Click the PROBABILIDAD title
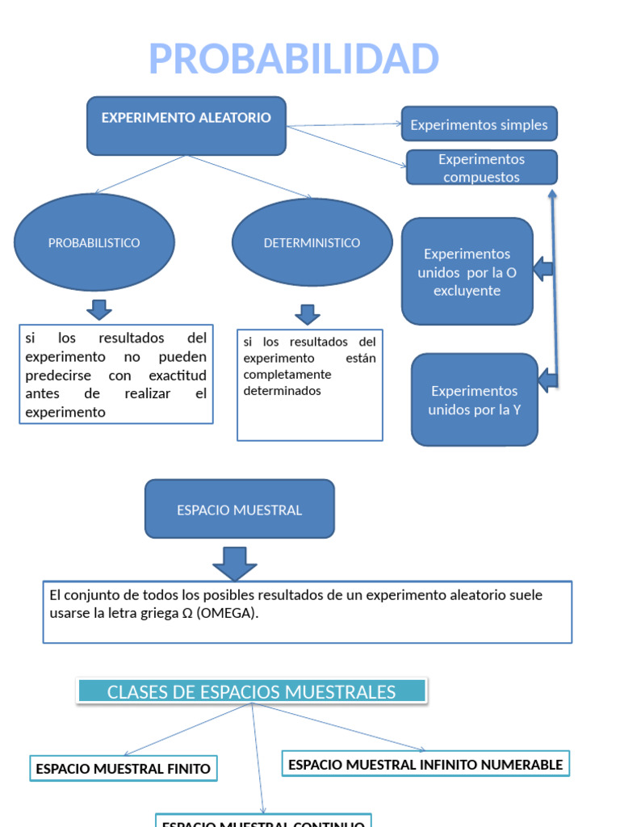(x=294, y=59)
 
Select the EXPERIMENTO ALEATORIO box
(x=186, y=125)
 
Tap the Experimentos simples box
(x=479, y=124)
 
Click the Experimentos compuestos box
(x=481, y=168)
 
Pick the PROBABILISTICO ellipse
(x=94, y=242)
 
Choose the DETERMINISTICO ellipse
(x=312, y=242)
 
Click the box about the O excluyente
(x=467, y=271)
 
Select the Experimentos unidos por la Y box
(x=474, y=400)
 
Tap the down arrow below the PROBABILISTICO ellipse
(x=98, y=309)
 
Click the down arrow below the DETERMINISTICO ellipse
(x=308, y=314)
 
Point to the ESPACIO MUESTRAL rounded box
(x=239, y=510)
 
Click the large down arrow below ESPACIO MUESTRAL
(x=235, y=563)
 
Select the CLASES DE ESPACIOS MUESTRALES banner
(x=252, y=692)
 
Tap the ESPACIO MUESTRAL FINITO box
(x=123, y=769)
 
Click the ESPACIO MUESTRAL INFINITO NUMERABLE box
(x=425, y=764)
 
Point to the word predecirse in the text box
(x=58, y=376)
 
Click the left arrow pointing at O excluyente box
(x=543, y=268)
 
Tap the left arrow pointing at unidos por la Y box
(x=548, y=379)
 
